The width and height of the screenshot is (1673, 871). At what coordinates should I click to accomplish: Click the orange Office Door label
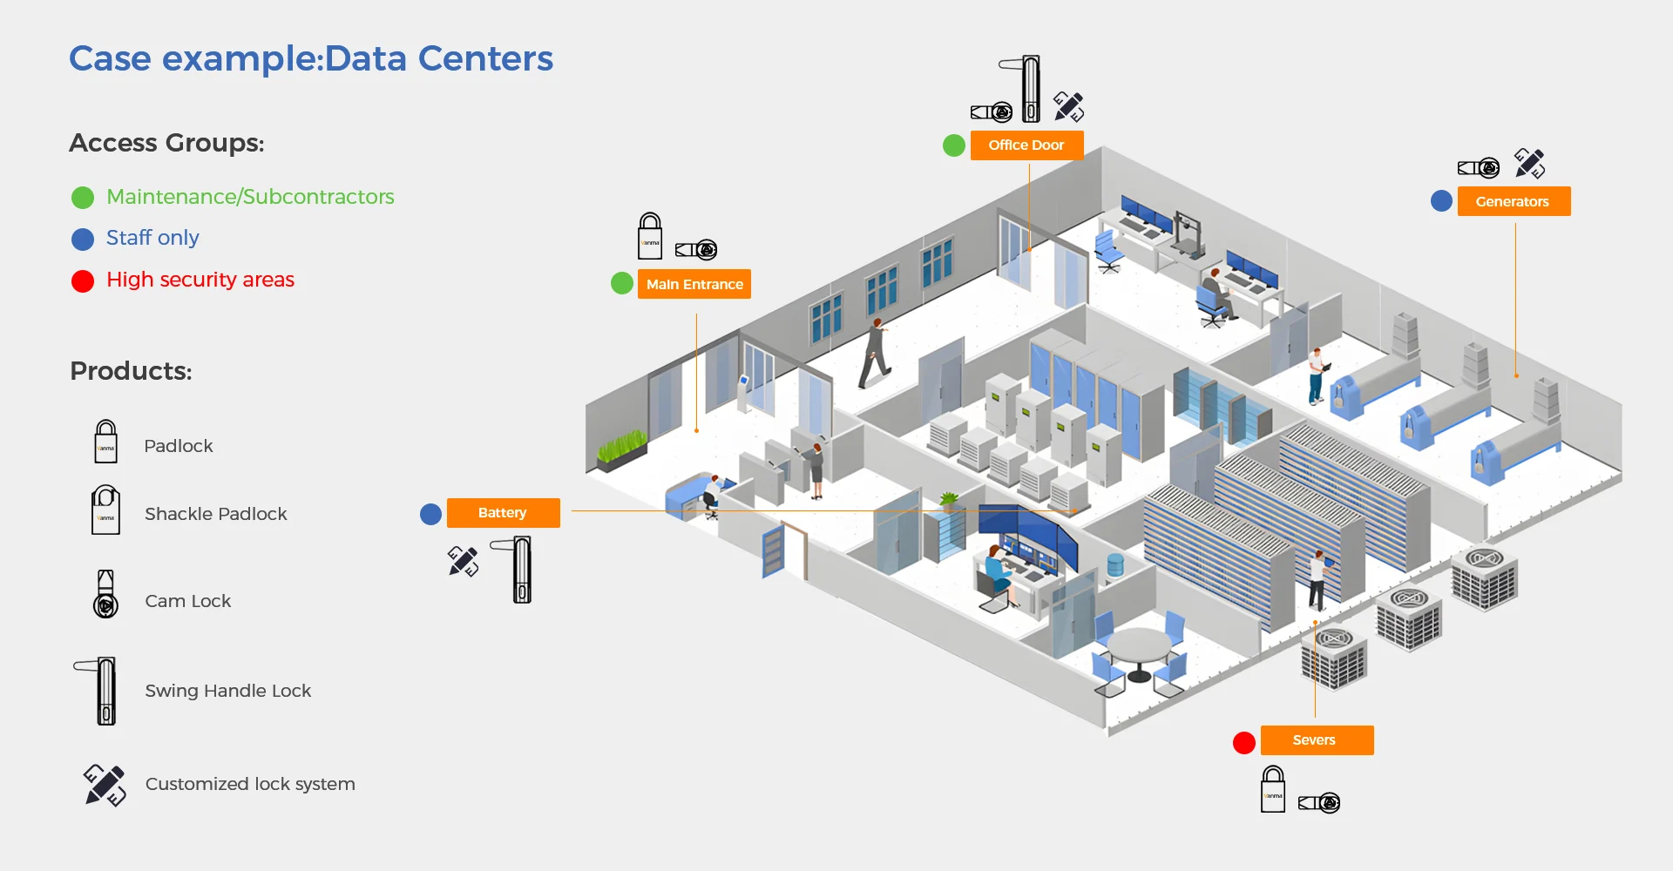[1026, 145]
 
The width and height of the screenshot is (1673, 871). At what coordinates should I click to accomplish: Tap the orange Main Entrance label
[694, 284]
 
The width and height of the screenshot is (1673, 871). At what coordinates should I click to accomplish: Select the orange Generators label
[1513, 201]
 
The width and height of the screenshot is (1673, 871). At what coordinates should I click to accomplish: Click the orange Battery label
[503, 513]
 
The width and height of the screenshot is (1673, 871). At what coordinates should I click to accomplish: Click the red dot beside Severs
[1244, 742]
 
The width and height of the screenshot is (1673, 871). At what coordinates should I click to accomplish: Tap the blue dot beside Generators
[1441, 201]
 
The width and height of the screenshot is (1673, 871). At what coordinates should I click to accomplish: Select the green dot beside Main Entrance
[622, 283]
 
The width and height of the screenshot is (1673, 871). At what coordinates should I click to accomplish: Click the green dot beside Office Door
[954, 145]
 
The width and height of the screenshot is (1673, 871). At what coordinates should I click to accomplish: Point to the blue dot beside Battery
[430, 514]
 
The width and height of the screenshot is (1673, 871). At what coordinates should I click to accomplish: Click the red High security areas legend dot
[83, 281]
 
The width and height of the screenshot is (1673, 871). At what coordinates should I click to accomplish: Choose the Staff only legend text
[152, 238]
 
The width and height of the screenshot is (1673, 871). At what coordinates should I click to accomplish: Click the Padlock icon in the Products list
[105, 442]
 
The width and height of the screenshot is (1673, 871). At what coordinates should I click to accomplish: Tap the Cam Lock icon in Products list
[105, 595]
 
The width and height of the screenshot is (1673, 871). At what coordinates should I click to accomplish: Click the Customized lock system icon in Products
[105, 785]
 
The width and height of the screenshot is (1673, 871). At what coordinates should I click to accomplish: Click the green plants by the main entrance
[621, 446]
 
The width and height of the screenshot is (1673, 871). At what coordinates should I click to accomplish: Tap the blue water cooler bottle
[1114, 565]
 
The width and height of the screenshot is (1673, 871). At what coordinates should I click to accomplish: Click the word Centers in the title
[485, 58]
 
